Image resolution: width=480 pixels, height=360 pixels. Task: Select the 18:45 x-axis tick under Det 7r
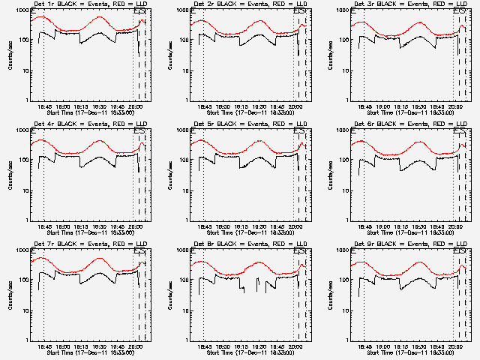coord(43,346)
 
